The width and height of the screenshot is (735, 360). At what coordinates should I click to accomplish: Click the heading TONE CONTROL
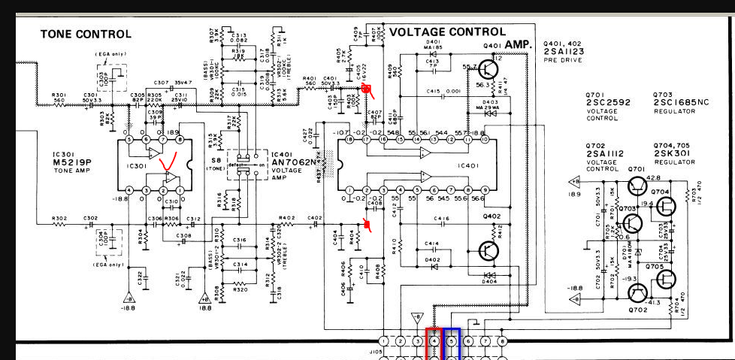86,34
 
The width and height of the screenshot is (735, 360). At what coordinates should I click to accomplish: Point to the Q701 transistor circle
637,185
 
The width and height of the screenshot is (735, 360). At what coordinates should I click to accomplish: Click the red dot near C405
367,89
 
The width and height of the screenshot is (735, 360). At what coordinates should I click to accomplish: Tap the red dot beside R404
367,225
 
